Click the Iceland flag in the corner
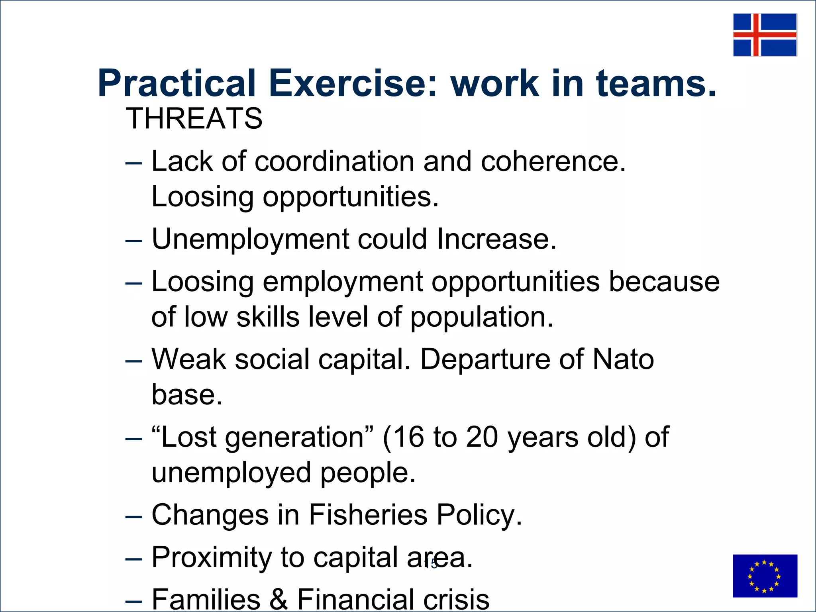pos(765,35)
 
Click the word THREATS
pos(194,119)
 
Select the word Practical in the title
pos(177,84)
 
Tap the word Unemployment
pos(250,239)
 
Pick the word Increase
pos(496,239)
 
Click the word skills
pos(268,317)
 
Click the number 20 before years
pos(482,437)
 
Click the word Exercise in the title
pos(353,84)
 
